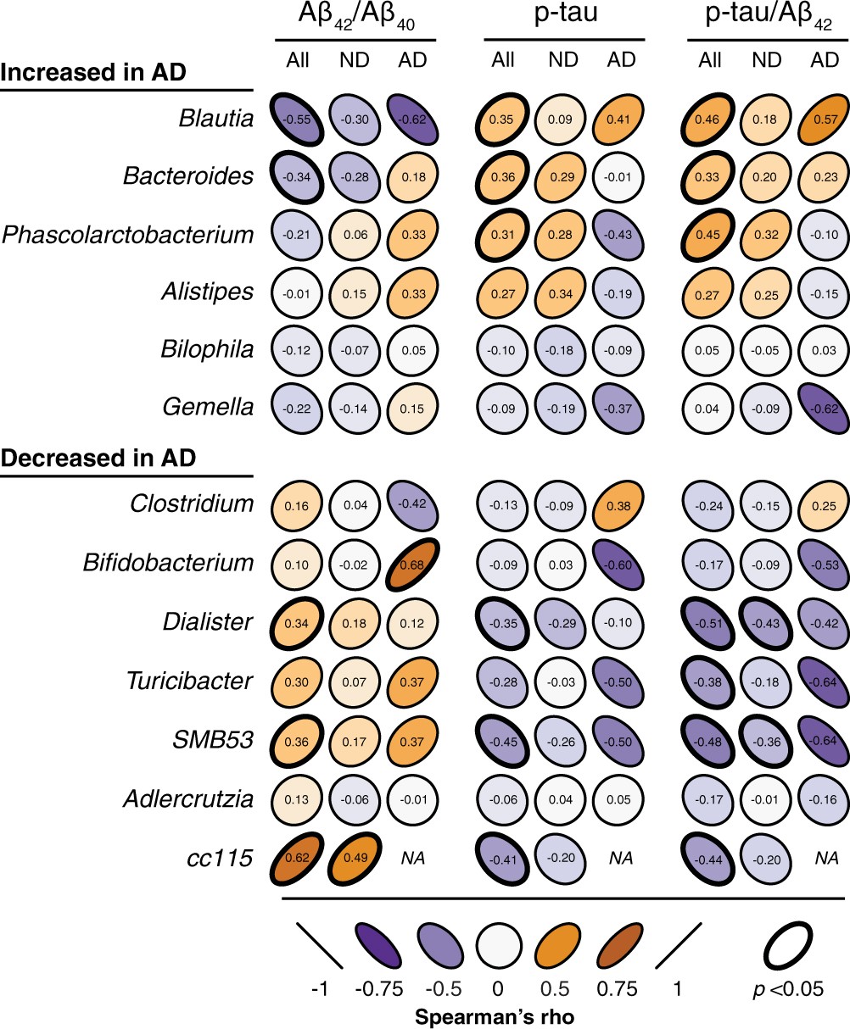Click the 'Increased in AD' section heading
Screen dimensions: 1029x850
[93, 73]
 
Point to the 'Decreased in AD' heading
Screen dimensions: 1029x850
[98, 459]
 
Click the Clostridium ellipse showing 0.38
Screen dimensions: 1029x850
[622, 504]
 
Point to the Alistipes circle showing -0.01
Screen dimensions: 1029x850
[297, 292]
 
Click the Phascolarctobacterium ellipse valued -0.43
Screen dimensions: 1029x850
[622, 234]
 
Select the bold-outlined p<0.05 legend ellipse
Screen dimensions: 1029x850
[794, 944]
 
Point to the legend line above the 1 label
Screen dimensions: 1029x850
[679, 944]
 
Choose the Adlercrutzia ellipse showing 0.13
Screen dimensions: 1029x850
[297, 797]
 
